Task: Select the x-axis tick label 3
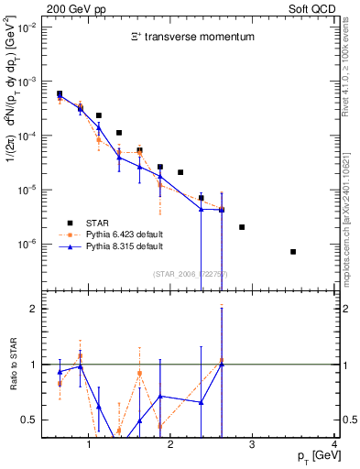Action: pos(253,445)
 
